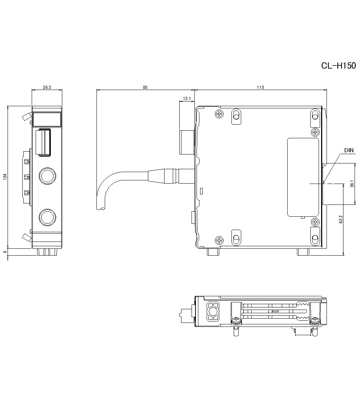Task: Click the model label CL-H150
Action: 338,66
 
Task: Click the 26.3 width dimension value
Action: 47,87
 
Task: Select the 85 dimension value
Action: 145,87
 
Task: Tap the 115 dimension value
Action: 260,87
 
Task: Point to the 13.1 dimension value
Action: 186,98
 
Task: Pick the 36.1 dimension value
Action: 352,184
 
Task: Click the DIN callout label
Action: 349,150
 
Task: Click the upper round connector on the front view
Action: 47,176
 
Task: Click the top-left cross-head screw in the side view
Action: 219,114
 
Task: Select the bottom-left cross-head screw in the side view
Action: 219,240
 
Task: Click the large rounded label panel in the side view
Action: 303,177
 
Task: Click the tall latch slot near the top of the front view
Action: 42,142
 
